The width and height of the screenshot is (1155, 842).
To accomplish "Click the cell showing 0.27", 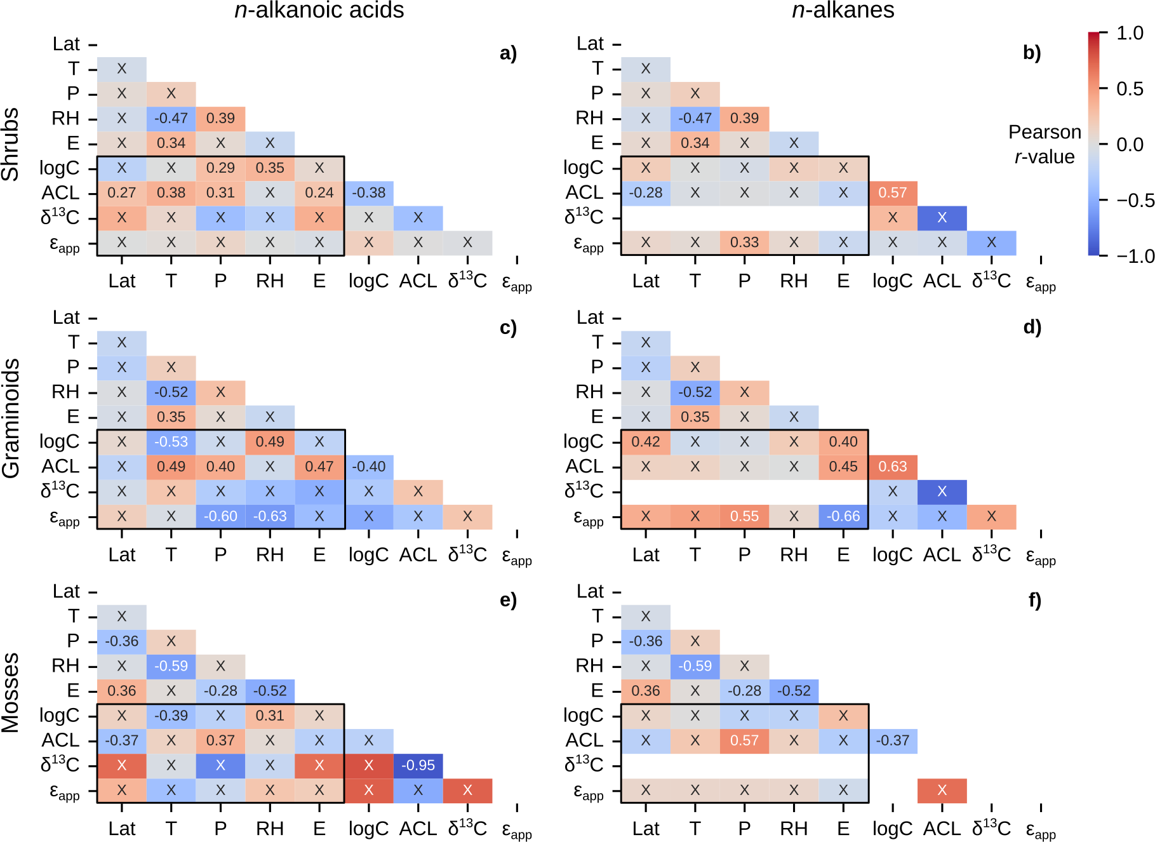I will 121,193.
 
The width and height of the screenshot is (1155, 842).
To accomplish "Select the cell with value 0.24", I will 319,193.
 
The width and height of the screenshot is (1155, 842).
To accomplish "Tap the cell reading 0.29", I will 220,168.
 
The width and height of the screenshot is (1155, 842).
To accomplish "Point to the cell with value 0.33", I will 744,243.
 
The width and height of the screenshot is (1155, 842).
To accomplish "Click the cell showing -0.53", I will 171,442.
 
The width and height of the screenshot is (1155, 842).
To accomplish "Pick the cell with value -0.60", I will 220,516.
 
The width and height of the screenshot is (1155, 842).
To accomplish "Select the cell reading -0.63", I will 270,516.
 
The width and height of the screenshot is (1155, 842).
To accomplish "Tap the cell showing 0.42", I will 646,442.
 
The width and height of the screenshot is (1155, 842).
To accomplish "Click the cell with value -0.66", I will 843,516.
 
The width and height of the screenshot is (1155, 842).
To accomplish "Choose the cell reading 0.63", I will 893,467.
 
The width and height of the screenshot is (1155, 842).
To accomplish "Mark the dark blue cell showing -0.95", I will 418,766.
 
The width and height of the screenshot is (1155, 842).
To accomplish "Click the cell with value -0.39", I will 171,716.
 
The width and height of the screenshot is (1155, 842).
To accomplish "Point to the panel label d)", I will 1032,327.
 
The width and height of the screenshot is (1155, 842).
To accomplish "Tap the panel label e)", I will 508,600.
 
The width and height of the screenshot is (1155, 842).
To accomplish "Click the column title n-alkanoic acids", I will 319,10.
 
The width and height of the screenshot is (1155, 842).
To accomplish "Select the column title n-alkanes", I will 843,10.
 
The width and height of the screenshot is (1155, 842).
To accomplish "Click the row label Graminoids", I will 11,418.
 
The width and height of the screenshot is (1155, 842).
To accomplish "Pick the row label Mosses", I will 11,692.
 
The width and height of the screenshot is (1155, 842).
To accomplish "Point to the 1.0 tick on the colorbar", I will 1130,33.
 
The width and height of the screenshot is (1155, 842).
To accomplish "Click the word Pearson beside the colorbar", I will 1045,132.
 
